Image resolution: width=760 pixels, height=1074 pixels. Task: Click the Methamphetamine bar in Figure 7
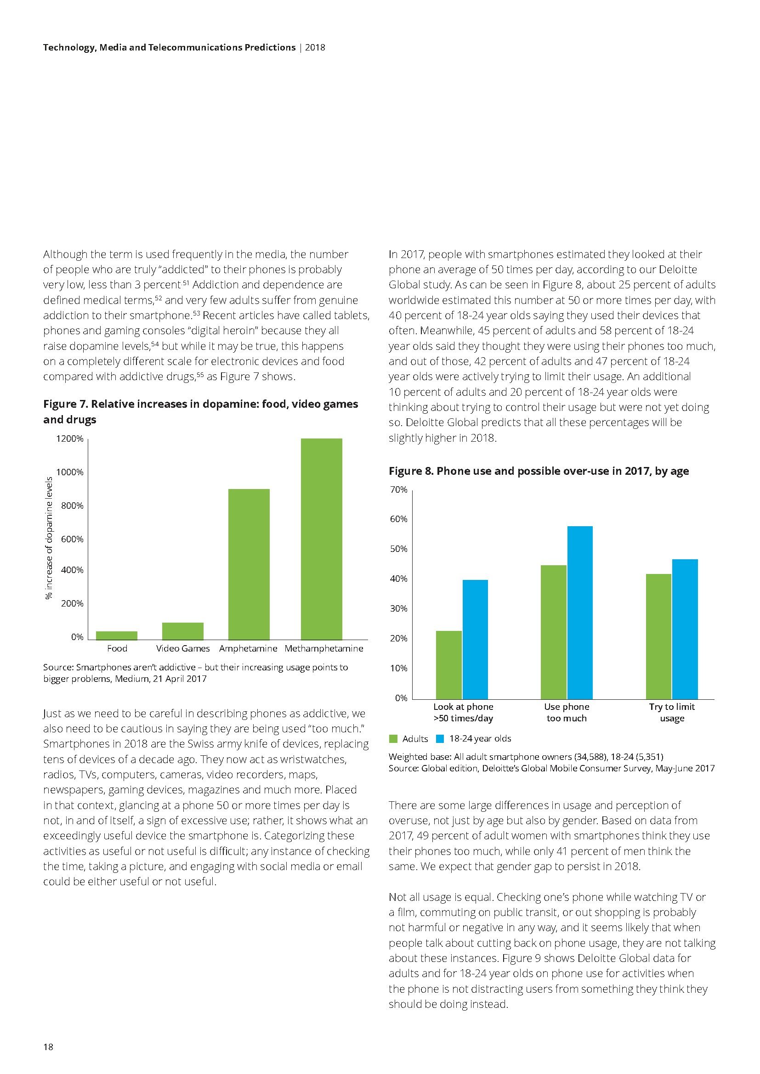click(x=322, y=539)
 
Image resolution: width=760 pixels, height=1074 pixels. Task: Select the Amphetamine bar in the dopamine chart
click(x=249, y=564)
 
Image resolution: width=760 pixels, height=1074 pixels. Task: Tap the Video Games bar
click(x=182, y=630)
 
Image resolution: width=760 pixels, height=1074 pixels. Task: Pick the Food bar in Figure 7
click(x=117, y=635)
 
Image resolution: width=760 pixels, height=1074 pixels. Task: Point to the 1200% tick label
click(x=70, y=439)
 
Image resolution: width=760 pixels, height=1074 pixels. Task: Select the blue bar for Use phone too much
click(x=580, y=613)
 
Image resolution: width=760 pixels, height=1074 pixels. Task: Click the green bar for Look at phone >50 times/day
click(x=448, y=665)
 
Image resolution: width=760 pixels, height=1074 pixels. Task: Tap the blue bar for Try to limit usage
click(x=685, y=629)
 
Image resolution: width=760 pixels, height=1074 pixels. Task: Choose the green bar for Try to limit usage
click(x=658, y=636)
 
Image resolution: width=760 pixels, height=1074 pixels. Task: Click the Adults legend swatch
click(x=393, y=739)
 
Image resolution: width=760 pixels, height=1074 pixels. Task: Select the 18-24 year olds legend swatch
click(x=440, y=739)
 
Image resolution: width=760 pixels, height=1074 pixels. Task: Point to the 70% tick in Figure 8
click(x=398, y=490)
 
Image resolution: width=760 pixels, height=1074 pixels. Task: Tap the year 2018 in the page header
click(x=315, y=47)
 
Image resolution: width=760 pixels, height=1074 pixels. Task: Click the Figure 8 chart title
click(x=539, y=471)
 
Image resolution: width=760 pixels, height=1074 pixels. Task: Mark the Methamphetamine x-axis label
click(x=324, y=648)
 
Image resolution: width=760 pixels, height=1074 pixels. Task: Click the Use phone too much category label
click(x=566, y=713)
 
